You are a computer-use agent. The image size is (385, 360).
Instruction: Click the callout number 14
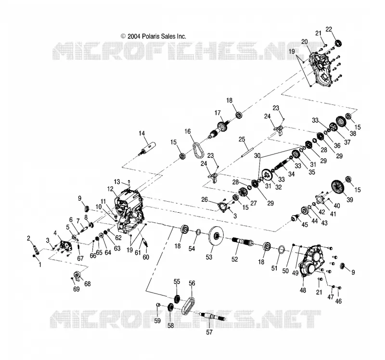141,133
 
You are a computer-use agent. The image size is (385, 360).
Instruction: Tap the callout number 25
242,140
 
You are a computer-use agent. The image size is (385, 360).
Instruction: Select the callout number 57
209,332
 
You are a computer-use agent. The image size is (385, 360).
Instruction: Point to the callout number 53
209,257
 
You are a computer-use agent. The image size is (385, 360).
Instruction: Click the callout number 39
350,200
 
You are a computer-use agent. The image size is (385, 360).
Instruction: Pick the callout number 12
110,189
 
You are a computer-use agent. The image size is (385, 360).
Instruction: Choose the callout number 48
303,290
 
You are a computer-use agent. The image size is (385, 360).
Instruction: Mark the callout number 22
329,29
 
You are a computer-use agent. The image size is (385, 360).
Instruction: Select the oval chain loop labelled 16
198,150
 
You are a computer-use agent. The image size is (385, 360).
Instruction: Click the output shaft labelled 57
212,317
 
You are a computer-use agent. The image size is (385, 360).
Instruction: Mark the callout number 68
88,283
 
